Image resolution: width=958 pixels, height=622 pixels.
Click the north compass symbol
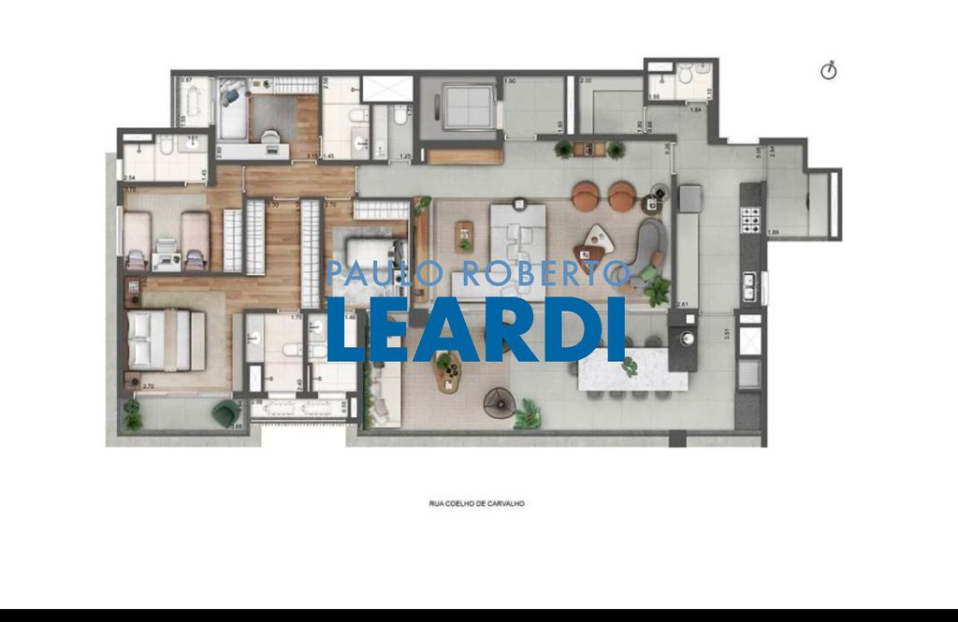point(828,71)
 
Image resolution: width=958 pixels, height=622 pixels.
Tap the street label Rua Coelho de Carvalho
point(476,503)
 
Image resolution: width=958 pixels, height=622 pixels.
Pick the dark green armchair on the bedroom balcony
point(225,412)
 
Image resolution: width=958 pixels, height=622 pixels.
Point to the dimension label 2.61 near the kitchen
point(683,304)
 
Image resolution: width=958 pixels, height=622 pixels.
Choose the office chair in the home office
point(271,139)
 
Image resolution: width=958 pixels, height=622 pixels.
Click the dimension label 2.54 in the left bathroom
point(128,177)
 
